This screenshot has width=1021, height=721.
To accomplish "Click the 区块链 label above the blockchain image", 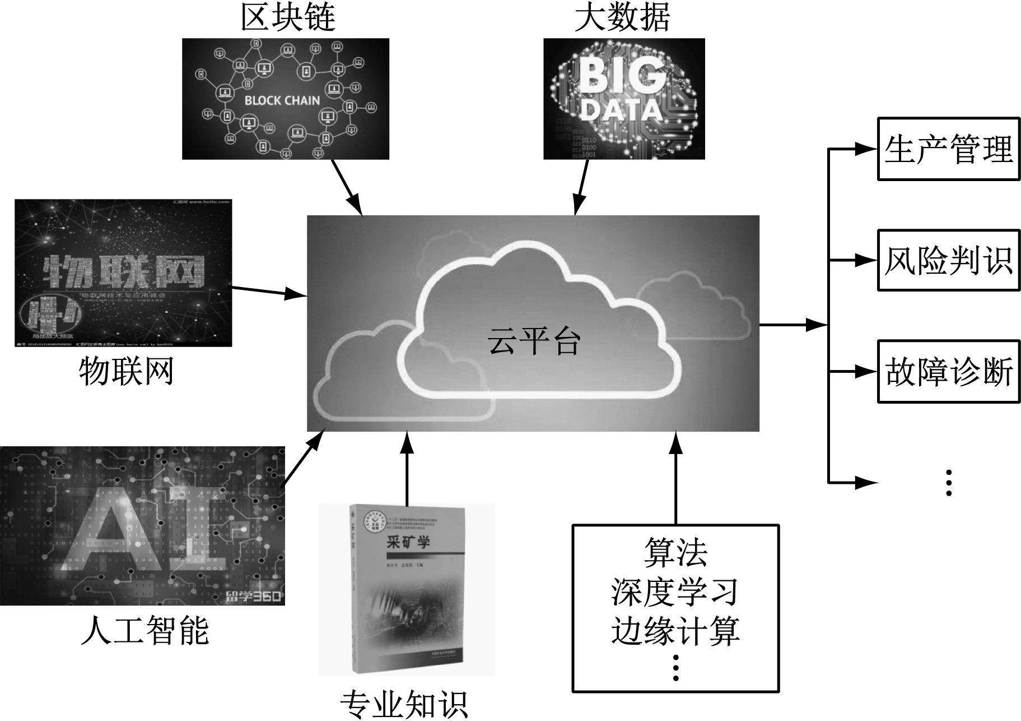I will coord(288,18).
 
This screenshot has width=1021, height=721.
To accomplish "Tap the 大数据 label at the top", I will coord(622,18).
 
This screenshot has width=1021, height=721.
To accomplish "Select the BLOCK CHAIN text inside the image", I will coord(282,101).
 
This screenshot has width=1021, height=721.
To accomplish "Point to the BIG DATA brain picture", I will coord(624,99).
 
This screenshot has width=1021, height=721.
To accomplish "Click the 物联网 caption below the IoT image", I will coord(126,371).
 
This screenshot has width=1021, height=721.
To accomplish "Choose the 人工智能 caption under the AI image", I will coord(144,630).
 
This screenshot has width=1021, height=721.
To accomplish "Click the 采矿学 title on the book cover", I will coord(408,542).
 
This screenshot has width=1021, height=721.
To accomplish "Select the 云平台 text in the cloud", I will coord(534,341).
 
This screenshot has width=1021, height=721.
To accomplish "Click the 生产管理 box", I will coord(948,149).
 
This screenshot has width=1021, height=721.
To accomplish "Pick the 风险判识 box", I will coord(948,260).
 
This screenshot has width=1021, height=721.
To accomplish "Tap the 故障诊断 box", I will coord(948,371).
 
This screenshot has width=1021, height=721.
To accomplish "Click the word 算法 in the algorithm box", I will coord(675,553).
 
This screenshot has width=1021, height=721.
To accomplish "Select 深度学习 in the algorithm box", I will coord(675,591).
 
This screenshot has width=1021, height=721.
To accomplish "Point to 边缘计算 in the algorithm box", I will coord(675,630).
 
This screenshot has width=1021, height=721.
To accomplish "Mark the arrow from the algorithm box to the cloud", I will coord(676,477).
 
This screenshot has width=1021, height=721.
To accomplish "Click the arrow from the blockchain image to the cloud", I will coord(347,187).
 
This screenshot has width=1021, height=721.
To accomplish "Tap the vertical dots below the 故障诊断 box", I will coord(948,482).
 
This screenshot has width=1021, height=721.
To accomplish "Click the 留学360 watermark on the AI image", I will coord(253,596).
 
